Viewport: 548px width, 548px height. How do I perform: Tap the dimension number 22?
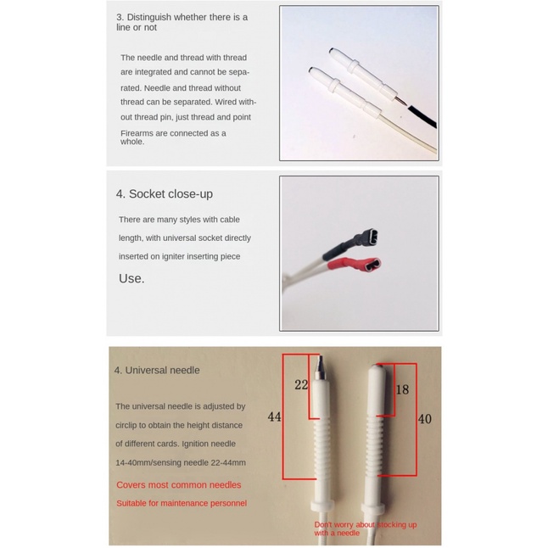(x=301, y=385)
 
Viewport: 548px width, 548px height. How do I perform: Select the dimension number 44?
(x=274, y=417)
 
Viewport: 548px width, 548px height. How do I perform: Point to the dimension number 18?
(x=402, y=389)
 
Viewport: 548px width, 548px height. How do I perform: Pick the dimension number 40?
(x=425, y=419)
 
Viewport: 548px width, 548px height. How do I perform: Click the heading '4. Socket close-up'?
(x=165, y=194)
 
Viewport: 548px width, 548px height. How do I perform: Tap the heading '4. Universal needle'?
(x=157, y=370)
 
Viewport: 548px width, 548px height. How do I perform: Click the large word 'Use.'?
(x=131, y=278)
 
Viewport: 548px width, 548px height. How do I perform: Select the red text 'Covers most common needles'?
(x=179, y=485)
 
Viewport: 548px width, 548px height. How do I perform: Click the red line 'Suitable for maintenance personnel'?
(x=182, y=503)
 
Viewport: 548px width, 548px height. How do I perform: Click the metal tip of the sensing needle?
(x=320, y=367)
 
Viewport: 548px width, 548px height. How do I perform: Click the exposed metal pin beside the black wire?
(x=401, y=101)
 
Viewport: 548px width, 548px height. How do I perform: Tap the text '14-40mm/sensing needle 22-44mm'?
(x=181, y=462)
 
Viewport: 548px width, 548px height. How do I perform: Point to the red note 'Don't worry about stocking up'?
(x=366, y=524)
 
